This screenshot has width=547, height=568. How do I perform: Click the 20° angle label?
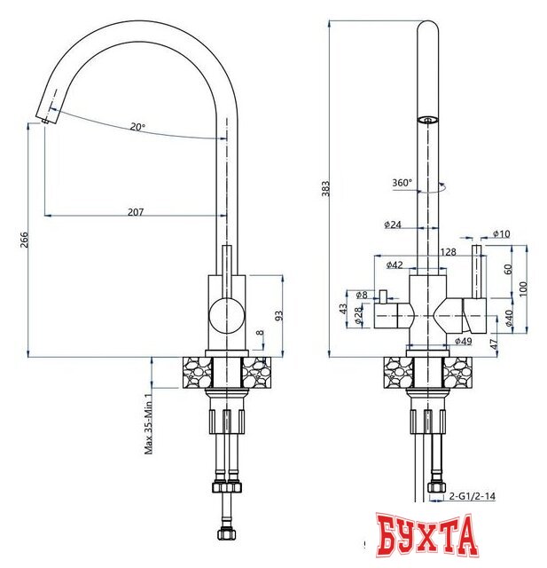click(x=137, y=127)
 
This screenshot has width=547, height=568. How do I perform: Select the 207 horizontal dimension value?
click(x=136, y=212)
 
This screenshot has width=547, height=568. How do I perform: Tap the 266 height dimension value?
click(x=24, y=240)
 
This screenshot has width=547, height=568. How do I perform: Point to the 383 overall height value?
click(x=325, y=188)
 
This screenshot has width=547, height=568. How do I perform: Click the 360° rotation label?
click(x=402, y=183)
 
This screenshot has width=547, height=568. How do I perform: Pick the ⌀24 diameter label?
click(x=393, y=225)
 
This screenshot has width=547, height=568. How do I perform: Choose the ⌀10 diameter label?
click(x=502, y=233)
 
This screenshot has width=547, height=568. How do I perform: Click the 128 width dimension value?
click(x=449, y=252)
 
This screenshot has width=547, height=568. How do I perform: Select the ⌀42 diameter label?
click(x=395, y=264)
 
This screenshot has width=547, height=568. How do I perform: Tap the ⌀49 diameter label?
click(x=464, y=341)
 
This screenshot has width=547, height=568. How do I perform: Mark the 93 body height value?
click(x=279, y=316)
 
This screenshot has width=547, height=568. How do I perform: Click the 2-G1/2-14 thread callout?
click(x=473, y=496)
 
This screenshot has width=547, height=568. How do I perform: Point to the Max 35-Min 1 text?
click(x=148, y=424)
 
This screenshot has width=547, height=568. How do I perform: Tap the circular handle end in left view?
click(x=227, y=316)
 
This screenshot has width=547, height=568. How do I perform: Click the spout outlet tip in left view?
click(x=45, y=122)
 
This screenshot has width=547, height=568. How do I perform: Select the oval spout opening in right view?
click(x=427, y=120)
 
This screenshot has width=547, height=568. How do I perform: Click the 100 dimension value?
click(x=523, y=288)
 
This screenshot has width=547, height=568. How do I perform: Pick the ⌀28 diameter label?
click(x=358, y=316)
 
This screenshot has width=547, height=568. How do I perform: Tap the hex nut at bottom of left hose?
click(x=227, y=534)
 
